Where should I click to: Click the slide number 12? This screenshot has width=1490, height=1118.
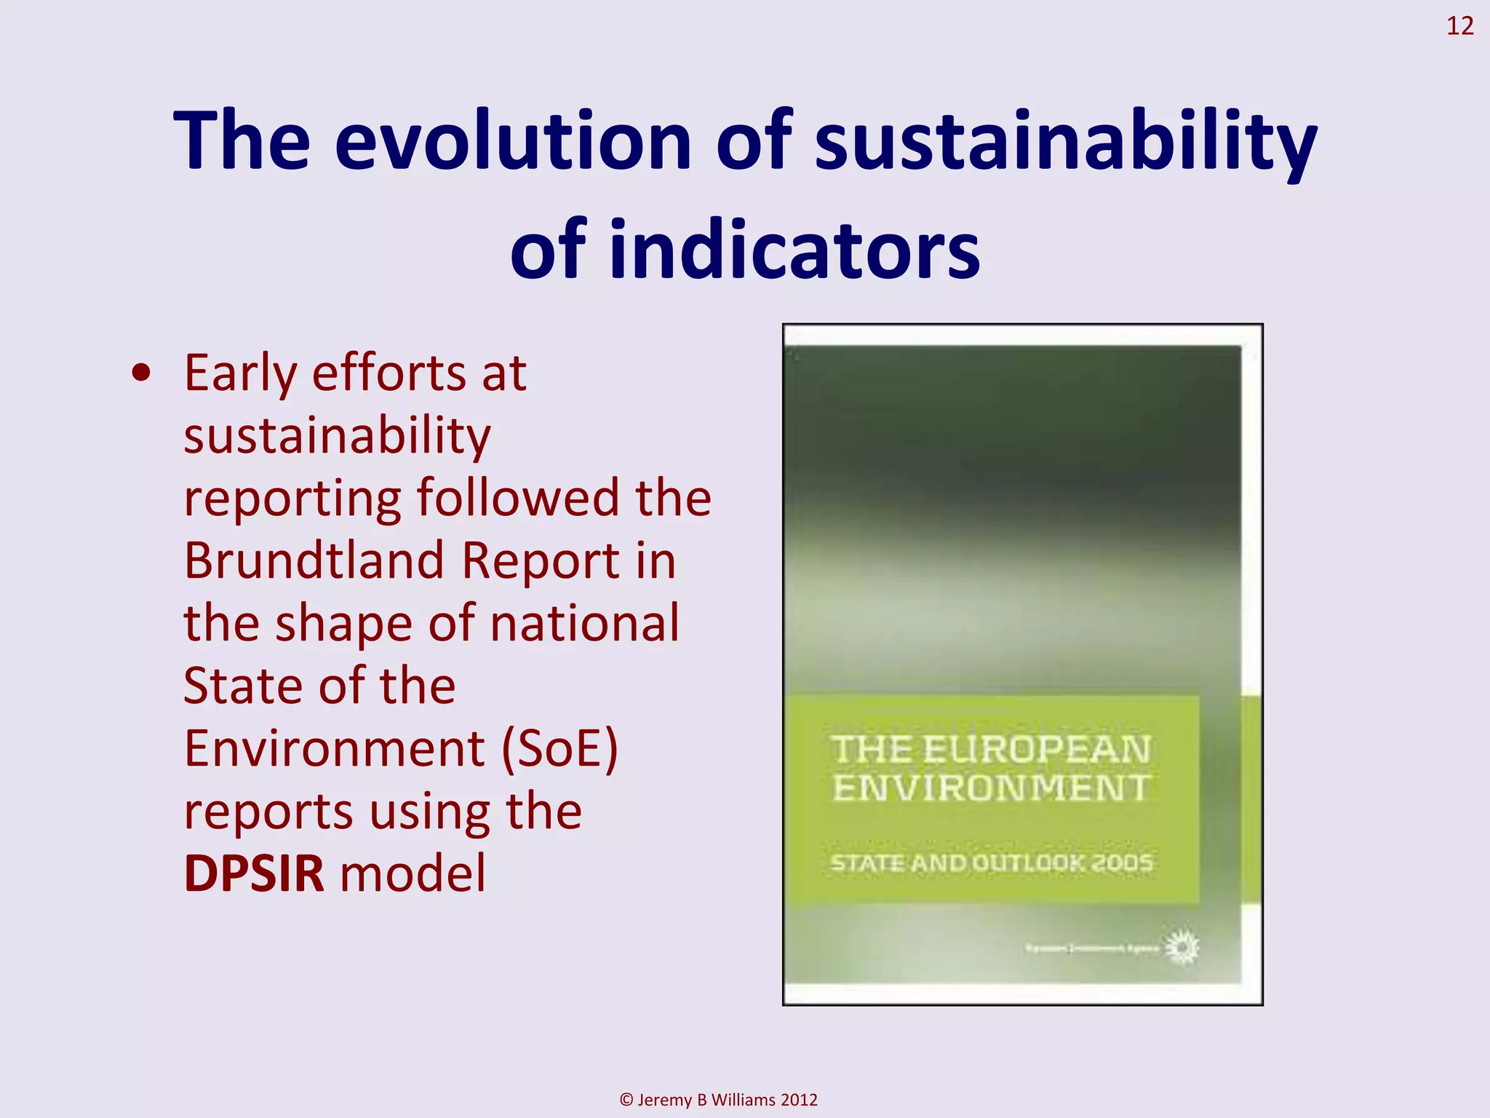(1459, 26)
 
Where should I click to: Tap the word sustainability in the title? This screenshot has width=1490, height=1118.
(1065, 140)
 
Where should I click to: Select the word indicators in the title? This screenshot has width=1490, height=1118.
(794, 250)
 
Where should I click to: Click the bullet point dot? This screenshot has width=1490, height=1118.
(142, 373)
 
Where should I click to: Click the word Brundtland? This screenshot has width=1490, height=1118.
(314, 560)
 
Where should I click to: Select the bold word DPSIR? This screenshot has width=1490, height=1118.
(253, 873)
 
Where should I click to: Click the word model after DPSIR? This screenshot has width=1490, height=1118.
(413, 873)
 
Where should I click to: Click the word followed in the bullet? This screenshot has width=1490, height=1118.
(518, 498)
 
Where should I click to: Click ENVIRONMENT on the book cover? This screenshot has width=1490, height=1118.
(991, 788)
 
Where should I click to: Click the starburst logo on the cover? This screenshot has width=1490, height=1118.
(1182, 948)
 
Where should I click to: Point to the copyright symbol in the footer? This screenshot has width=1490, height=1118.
(626, 1100)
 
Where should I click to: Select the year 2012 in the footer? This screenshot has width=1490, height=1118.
(798, 1100)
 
